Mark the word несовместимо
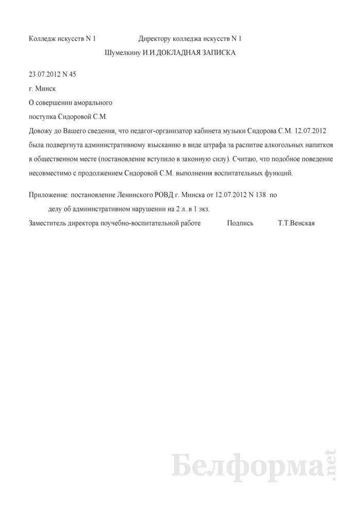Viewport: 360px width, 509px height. (x=51, y=174)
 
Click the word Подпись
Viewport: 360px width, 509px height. (x=240, y=224)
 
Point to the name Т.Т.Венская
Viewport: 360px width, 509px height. (x=295, y=224)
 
